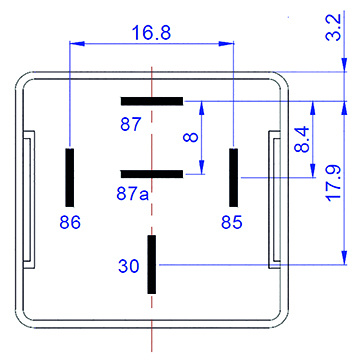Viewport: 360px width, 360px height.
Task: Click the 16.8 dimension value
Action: [152, 33]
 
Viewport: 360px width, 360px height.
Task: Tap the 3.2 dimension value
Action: [333, 27]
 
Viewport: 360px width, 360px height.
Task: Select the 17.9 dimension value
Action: [333, 183]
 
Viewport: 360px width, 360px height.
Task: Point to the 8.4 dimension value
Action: [302, 140]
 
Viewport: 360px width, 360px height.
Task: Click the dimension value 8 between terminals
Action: [191, 137]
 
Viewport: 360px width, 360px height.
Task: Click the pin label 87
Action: [130, 125]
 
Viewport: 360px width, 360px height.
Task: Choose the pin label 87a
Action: [132, 193]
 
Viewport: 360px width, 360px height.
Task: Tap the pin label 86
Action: [70, 222]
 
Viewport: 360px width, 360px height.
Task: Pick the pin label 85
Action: [232, 222]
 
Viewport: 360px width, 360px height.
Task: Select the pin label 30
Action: [129, 266]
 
